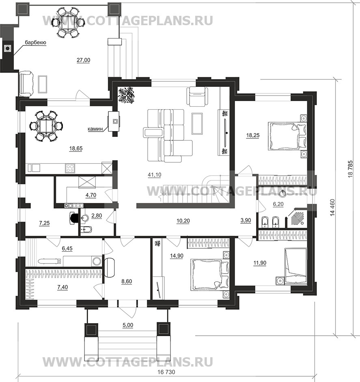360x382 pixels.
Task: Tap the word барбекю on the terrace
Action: [x=35, y=42]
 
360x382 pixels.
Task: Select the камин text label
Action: [x=96, y=129]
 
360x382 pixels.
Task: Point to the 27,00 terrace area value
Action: [x=83, y=60]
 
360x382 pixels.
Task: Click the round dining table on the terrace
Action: [x=69, y=22]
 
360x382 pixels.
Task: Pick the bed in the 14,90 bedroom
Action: [x=207, y=275]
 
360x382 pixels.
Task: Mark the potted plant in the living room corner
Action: [x=127, y=95]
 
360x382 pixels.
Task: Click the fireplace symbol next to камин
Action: [x=115, y=121]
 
